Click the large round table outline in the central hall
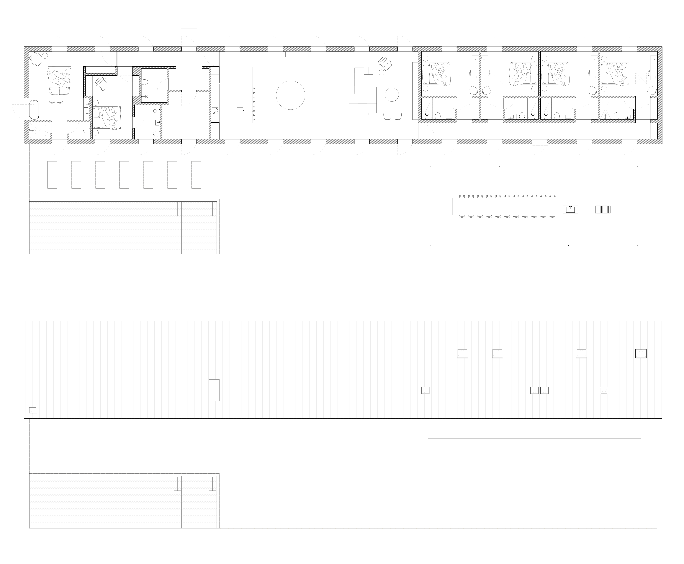(290, 95)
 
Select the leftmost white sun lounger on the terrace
(52, 175)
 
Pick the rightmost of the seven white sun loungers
(196, 175)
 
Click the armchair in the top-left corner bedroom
(36, 59)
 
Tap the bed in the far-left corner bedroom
(59, 81)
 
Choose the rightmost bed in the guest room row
(615, 74)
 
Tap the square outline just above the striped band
(189, 312)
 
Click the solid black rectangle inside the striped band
(214, 390)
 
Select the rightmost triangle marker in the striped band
(641, 353)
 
